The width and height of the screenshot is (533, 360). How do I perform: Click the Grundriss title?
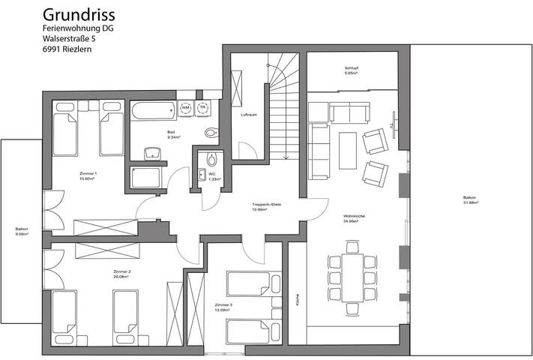(x=78, y=14)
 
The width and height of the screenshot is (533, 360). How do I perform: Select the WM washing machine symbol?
(x=186, y=109)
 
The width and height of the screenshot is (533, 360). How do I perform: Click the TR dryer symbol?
(x=202, y=109)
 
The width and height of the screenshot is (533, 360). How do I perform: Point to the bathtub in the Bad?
(x=152, y=110)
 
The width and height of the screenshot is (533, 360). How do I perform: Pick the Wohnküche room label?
(x=353, y=218)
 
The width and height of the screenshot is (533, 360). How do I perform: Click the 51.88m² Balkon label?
(x=469, y=200)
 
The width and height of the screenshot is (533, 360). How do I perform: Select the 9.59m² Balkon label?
(x=21, y=232)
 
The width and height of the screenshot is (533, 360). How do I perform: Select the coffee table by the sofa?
(x=347, y=145)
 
